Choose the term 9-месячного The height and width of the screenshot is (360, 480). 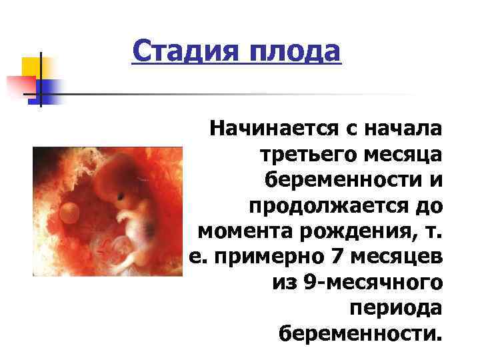pos(357,283)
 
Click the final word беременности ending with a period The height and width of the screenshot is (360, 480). pos(361,333)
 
